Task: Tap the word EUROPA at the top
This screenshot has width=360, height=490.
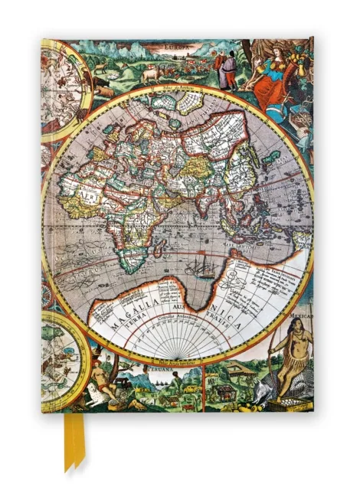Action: [x=178, y=47]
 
